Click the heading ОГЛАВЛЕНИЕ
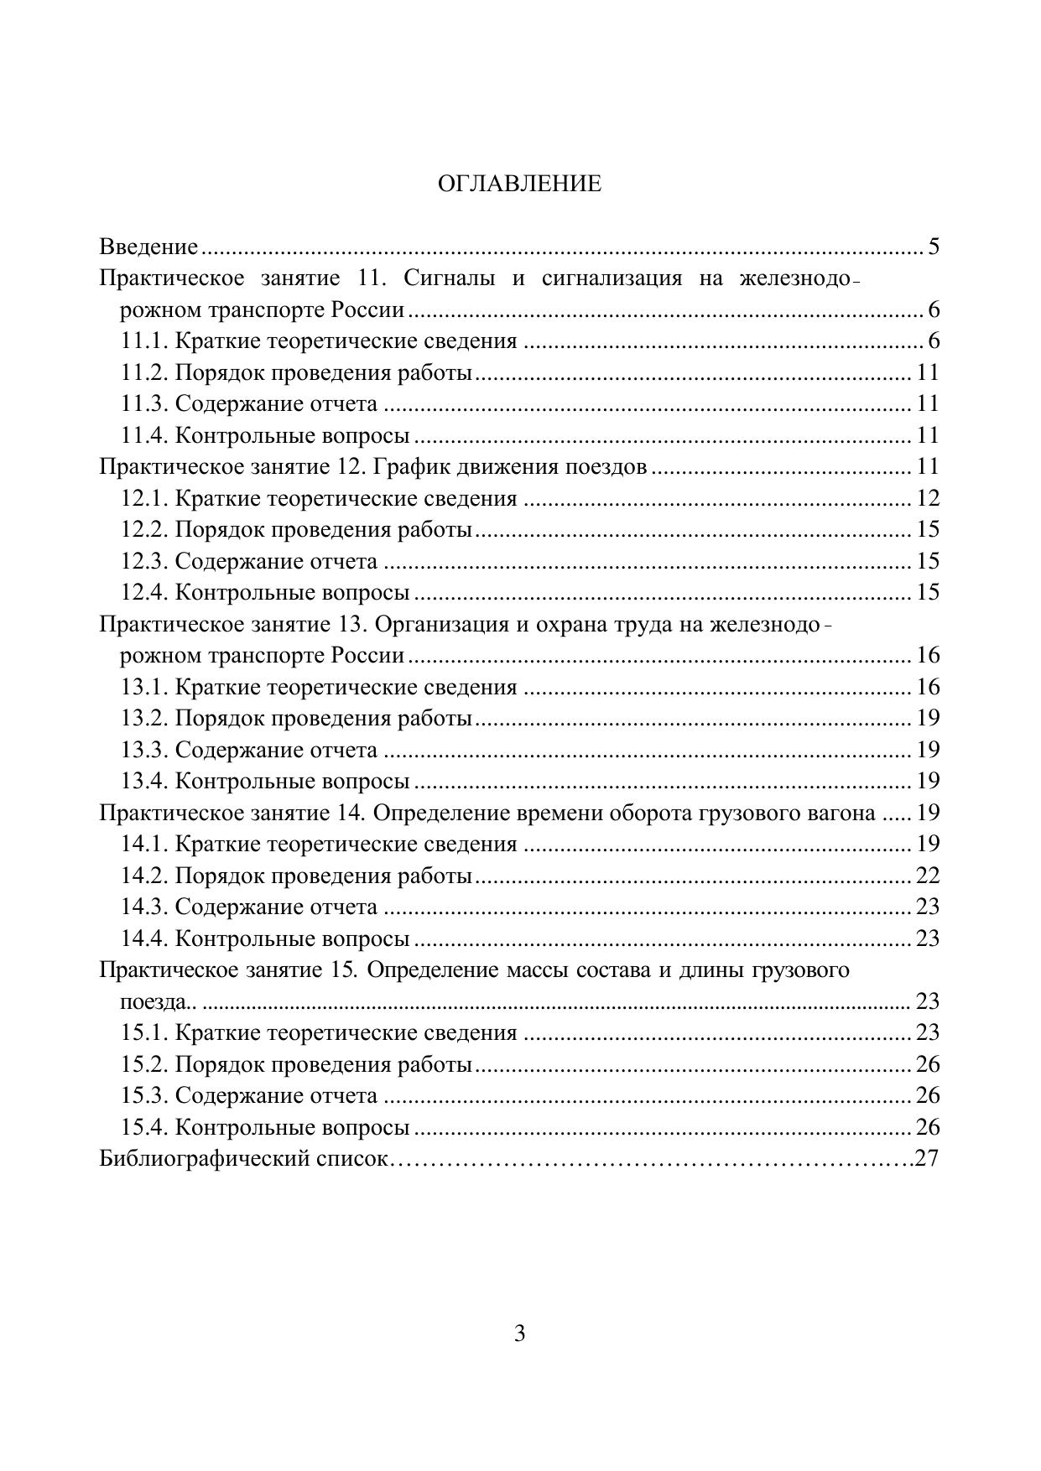tap(519, 184)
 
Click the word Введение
tap(148, 247)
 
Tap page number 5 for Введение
tap(934, 247)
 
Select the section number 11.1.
tap(144, 341)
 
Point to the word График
tap(403, 466)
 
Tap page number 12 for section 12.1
tap(928, 498)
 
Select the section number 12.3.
tap(144, 561)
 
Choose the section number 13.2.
tap(144, 718)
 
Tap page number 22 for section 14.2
tap(928, 876)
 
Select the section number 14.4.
tap(144, 938)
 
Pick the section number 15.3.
tap(144, 1095)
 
